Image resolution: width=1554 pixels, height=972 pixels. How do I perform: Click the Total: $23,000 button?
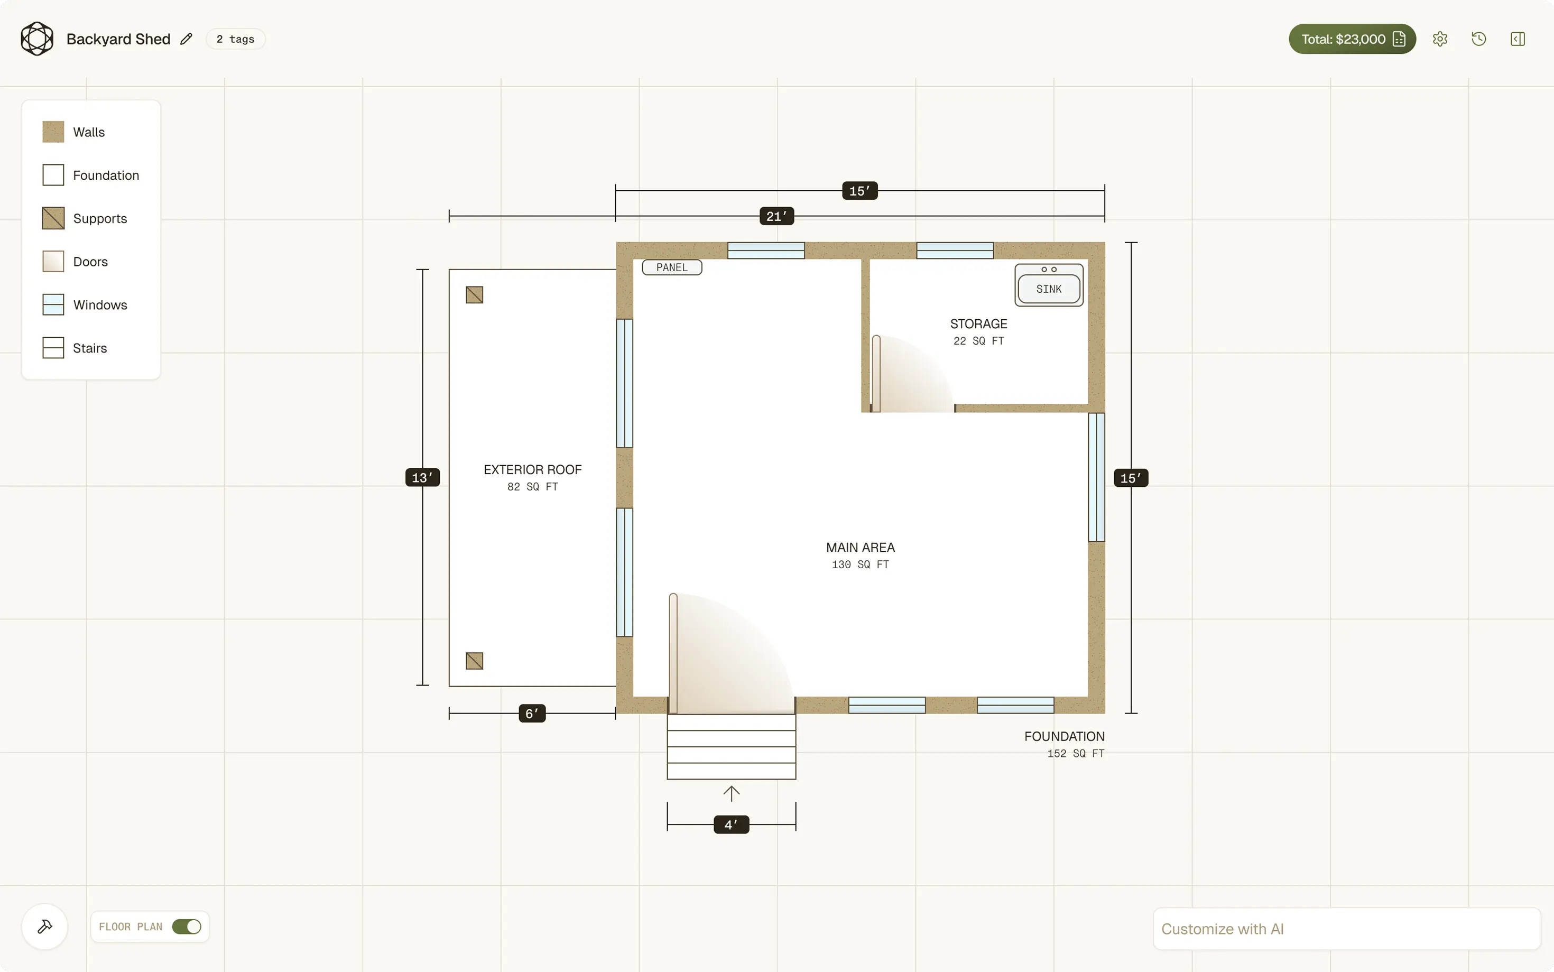coord(1352,39)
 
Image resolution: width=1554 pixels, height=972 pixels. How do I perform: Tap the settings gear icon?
coord(1440,39)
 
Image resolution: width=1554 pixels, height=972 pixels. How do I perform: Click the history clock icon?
coord(1478,39)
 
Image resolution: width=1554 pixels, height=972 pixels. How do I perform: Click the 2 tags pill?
coord(235,39)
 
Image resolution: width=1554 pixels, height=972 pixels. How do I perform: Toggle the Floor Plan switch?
coord(187,927)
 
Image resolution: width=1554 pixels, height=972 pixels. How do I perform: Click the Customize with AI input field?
coord(1346,929)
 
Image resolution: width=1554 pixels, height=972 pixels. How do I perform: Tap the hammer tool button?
coord(45,927)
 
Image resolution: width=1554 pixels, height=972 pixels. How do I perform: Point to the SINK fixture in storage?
coord(1049,285)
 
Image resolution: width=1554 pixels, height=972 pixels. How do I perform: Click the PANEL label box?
coord(672,267)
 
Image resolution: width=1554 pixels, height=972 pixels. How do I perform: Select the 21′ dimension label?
coord(776,216)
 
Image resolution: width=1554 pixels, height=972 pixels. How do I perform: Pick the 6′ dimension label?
coord(532,714)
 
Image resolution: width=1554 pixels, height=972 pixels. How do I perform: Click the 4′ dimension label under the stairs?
coord(732,825)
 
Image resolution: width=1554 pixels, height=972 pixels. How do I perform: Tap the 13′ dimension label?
coord(422,478)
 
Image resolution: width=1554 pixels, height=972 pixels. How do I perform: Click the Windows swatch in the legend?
coord(53,305)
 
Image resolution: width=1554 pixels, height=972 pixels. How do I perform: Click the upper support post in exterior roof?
coord(474,295)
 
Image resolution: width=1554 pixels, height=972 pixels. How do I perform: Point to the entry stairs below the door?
coord(732,746)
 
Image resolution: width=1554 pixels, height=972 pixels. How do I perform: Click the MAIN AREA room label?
coord(860,548)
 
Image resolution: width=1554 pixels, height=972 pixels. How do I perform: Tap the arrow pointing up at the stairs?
coord(732,793)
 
